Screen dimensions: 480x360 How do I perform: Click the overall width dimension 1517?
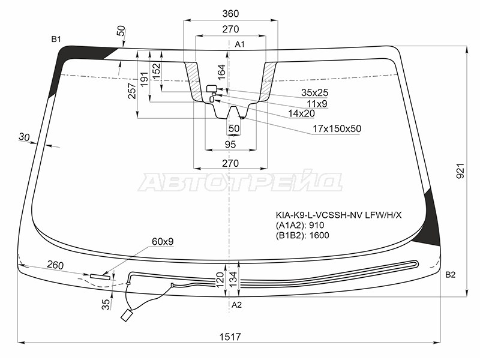[230, 337]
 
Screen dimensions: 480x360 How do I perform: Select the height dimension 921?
[460, 171]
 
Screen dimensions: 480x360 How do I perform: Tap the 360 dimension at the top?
[230, 13]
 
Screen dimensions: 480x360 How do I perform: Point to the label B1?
[56, 39]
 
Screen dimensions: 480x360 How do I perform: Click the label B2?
[451, 275]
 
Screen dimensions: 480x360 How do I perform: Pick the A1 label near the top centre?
[239, 44]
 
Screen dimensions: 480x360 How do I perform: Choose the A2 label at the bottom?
[236, 305]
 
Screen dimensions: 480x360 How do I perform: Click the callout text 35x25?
[314, 92]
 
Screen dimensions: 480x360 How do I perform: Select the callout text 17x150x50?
[337, 128]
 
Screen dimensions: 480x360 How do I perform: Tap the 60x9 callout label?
[163, 242]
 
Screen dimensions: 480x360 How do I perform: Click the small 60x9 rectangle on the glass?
[100, 277]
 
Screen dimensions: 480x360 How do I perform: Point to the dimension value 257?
[131, 91]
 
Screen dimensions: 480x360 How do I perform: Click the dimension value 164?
[221, 72]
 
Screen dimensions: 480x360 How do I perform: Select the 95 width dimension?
[230, 144]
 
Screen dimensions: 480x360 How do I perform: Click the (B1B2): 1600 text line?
[302, 235]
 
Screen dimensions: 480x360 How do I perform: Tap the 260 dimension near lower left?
[55, 265]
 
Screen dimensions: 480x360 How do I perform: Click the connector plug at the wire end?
[126, 316]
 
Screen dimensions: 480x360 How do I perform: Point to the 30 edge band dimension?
[24, 137]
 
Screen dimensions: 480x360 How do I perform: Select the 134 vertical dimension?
[233, 278]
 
